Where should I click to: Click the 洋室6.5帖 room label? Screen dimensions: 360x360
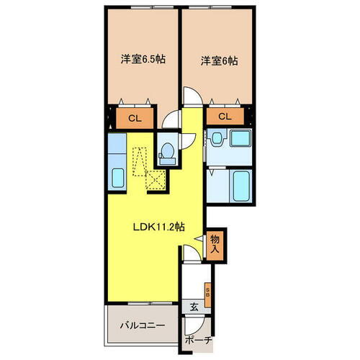click(143, 60)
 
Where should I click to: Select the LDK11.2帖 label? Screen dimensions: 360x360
click(158, 225)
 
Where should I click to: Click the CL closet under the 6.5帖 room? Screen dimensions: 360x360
click(134, 117)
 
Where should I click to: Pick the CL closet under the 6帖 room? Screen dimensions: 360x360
click(224, 117)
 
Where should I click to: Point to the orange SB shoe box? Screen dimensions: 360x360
click(208, 292)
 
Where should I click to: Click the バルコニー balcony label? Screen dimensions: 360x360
click(142, 325)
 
